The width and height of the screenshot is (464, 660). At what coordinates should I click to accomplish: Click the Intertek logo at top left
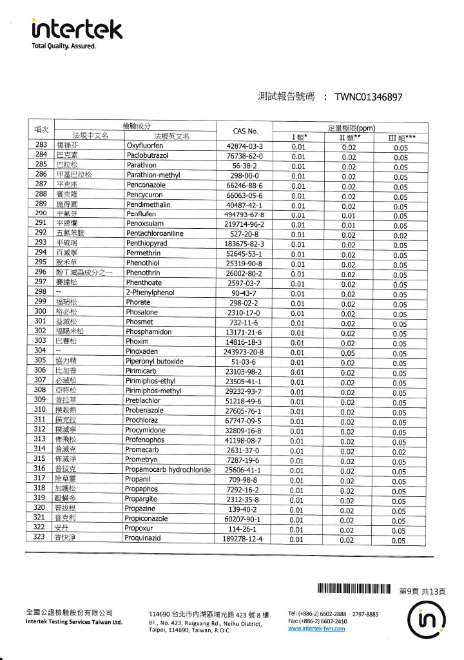point(76,29)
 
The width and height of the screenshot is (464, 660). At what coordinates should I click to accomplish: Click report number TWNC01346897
point(369,97)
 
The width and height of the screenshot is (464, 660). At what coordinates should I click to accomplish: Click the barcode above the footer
point(354,589)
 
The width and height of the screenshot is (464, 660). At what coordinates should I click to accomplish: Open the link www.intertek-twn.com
point(316,629)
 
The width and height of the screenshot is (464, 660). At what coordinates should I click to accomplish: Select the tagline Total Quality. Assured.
point(63,46)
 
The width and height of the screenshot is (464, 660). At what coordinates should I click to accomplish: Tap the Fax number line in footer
point(318,621)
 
